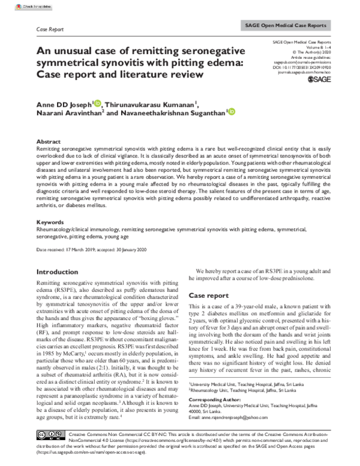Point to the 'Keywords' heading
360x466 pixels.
(x=51, y=222)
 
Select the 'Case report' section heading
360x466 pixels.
(x=208, y=295)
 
